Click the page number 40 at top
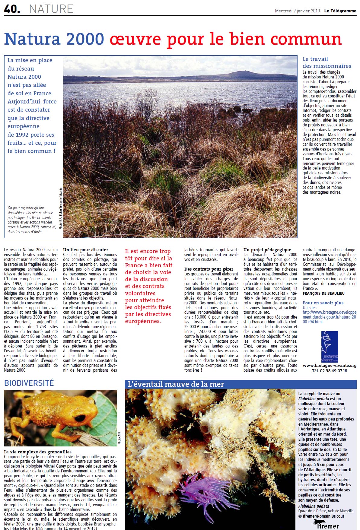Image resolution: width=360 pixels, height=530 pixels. [x=11, y=9]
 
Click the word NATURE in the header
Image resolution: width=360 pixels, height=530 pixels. [x=51, y=9]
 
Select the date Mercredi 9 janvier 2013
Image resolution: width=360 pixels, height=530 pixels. [x=297, y=11]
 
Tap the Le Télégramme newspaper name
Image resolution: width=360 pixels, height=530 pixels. [x=340, y=11]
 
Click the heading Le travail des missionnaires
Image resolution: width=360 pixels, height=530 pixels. [x=327, y=62]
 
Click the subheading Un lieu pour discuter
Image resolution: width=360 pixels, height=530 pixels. [x=85, y=250]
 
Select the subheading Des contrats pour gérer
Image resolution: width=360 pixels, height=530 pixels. [x=209, y=269]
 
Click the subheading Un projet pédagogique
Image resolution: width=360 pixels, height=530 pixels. [x=267, y=250]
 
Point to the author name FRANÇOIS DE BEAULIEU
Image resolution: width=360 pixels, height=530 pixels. [x=323, y=293]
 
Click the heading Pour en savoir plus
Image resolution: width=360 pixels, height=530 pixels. [x=323, y=303]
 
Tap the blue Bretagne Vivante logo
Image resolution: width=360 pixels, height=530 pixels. [x=330, y=347]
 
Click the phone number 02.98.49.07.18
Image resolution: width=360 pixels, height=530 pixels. [x=329, y=371]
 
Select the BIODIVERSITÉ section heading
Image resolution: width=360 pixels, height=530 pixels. [x=29, y=383]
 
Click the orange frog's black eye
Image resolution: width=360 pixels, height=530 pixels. [x=80, y=418]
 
